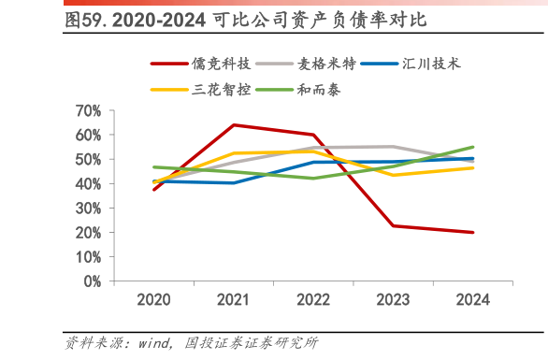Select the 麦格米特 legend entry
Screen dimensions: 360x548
tap(326, 65)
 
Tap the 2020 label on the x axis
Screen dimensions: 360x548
tap(153, 300)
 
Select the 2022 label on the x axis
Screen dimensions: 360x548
tap(313, 300)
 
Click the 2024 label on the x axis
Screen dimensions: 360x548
tap(472, 300)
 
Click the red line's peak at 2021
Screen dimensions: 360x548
tap(234, 124)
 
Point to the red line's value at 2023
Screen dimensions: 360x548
tap(394, 225)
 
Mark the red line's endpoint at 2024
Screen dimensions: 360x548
tap(473, 232)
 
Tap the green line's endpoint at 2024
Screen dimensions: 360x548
tap(473, 147)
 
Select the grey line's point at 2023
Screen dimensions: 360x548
tap(394, 146)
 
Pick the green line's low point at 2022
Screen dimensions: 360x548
tap(313, 178)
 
